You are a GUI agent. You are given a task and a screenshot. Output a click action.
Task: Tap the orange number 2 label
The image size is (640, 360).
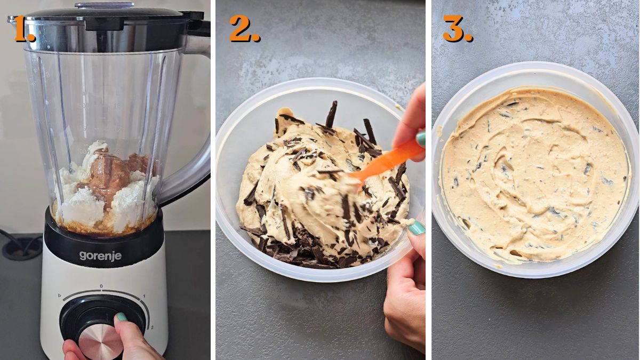coord(244,29)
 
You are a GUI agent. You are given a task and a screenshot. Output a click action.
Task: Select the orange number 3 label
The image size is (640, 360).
coord(457,29)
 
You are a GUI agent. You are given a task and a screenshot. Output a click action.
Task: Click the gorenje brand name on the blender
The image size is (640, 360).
coord(100,256)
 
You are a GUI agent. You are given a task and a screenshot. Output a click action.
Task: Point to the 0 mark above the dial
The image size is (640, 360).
coord(101,286)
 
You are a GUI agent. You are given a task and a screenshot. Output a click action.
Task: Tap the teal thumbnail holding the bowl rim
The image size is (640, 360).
coord(416,228)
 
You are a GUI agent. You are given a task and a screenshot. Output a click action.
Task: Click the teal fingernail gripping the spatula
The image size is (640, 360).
coord(421,139)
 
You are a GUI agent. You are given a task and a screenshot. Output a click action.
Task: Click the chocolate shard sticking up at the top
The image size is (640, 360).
coord(332,114)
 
